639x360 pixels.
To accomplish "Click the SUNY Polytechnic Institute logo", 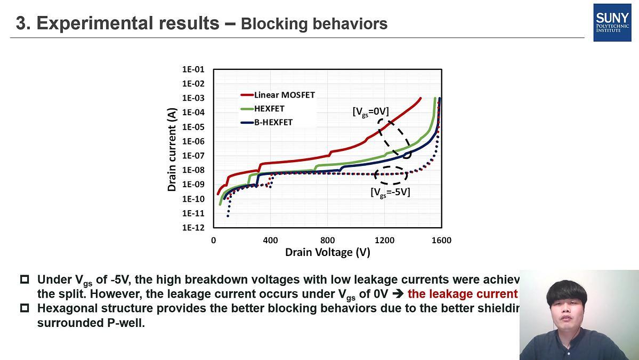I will pyautogui.click(x=612, y=22).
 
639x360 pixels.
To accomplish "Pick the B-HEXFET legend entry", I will pyautogui.click(x=273, y=122).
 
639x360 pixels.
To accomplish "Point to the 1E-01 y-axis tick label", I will pyautogui.click(x=193, y=69).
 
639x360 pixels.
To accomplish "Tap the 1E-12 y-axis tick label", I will pyautogui.click(x=193, y=228).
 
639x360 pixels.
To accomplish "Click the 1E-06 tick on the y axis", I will pyautogui.click(x=193, y=141).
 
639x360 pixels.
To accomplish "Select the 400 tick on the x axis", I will pyautogui.click(x=270, y=241).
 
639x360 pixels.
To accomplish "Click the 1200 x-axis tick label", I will pyautogui.click(x=384, y=241).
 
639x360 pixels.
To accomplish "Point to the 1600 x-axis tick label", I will pyautogui.click(x=441, y=241).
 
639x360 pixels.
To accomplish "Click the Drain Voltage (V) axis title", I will pyautogui.click(x=327, y=252).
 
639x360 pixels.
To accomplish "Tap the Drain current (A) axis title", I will pyautogui.click(x=172, y=149).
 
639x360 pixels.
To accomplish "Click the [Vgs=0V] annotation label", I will pyautogui.click(x=370, y=111).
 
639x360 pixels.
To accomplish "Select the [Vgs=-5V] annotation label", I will pyautogui.click(x=390, y=192).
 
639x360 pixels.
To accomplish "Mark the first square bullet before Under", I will pyautogui.click(x=25, y=279).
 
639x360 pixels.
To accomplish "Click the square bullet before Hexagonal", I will pyautogui.click(x=25, y=308).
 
